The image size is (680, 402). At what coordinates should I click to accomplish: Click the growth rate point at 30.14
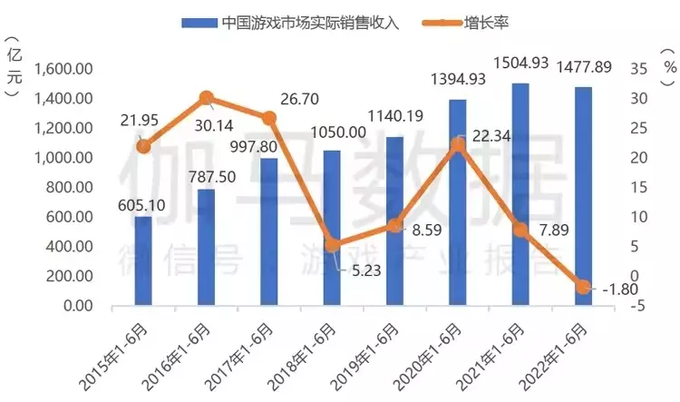click(x=207, y=98)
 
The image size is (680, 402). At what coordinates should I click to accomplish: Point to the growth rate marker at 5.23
click(x=332, y=245)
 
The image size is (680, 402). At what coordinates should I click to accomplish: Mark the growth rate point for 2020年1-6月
click(x=458, y=144)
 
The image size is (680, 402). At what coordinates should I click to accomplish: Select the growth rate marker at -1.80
click(x=583, y=287)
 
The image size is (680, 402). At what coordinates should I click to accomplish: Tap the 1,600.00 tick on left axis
click(x=64, y=69)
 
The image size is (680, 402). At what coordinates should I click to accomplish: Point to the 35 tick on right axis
click(x=637, y=69)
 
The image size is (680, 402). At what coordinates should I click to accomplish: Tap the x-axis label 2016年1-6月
click(x=180, y=349)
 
